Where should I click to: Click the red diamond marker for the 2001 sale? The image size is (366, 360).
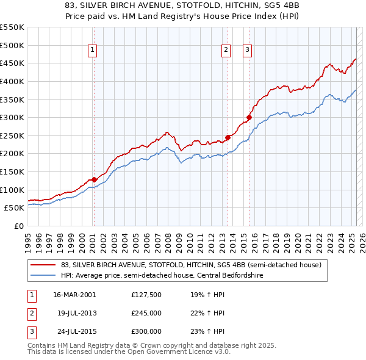(94, 179)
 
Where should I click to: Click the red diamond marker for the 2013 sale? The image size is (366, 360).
(228, 137)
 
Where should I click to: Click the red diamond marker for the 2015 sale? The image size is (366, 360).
(249, 117)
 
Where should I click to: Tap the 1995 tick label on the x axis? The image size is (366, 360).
(27, 238)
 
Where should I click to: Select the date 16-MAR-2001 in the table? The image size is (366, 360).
(74, 295)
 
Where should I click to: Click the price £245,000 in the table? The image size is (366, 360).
(146, 313)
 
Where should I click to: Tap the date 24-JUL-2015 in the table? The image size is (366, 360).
(74, 331)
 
